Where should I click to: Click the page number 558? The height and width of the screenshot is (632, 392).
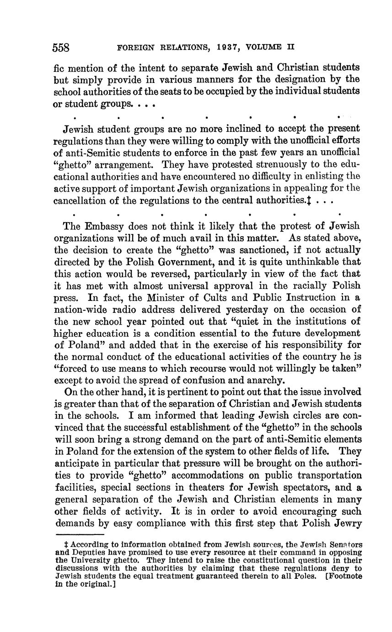[x=61, y=47]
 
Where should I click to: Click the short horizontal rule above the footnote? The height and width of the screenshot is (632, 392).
[x=80, y=534]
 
